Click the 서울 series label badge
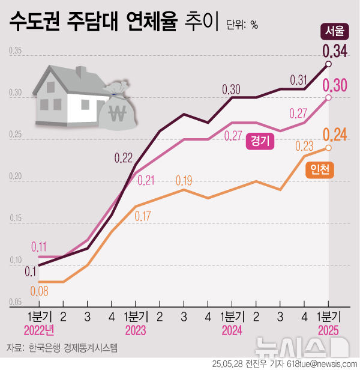coord(331,31)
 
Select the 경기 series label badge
coord(260,141)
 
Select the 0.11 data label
coord(38,246)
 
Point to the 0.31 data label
coord(298,80)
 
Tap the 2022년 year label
coord(39,330)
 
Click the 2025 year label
coord(328,330)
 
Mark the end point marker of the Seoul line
coord(328,63)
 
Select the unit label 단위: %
coord(242,25)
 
